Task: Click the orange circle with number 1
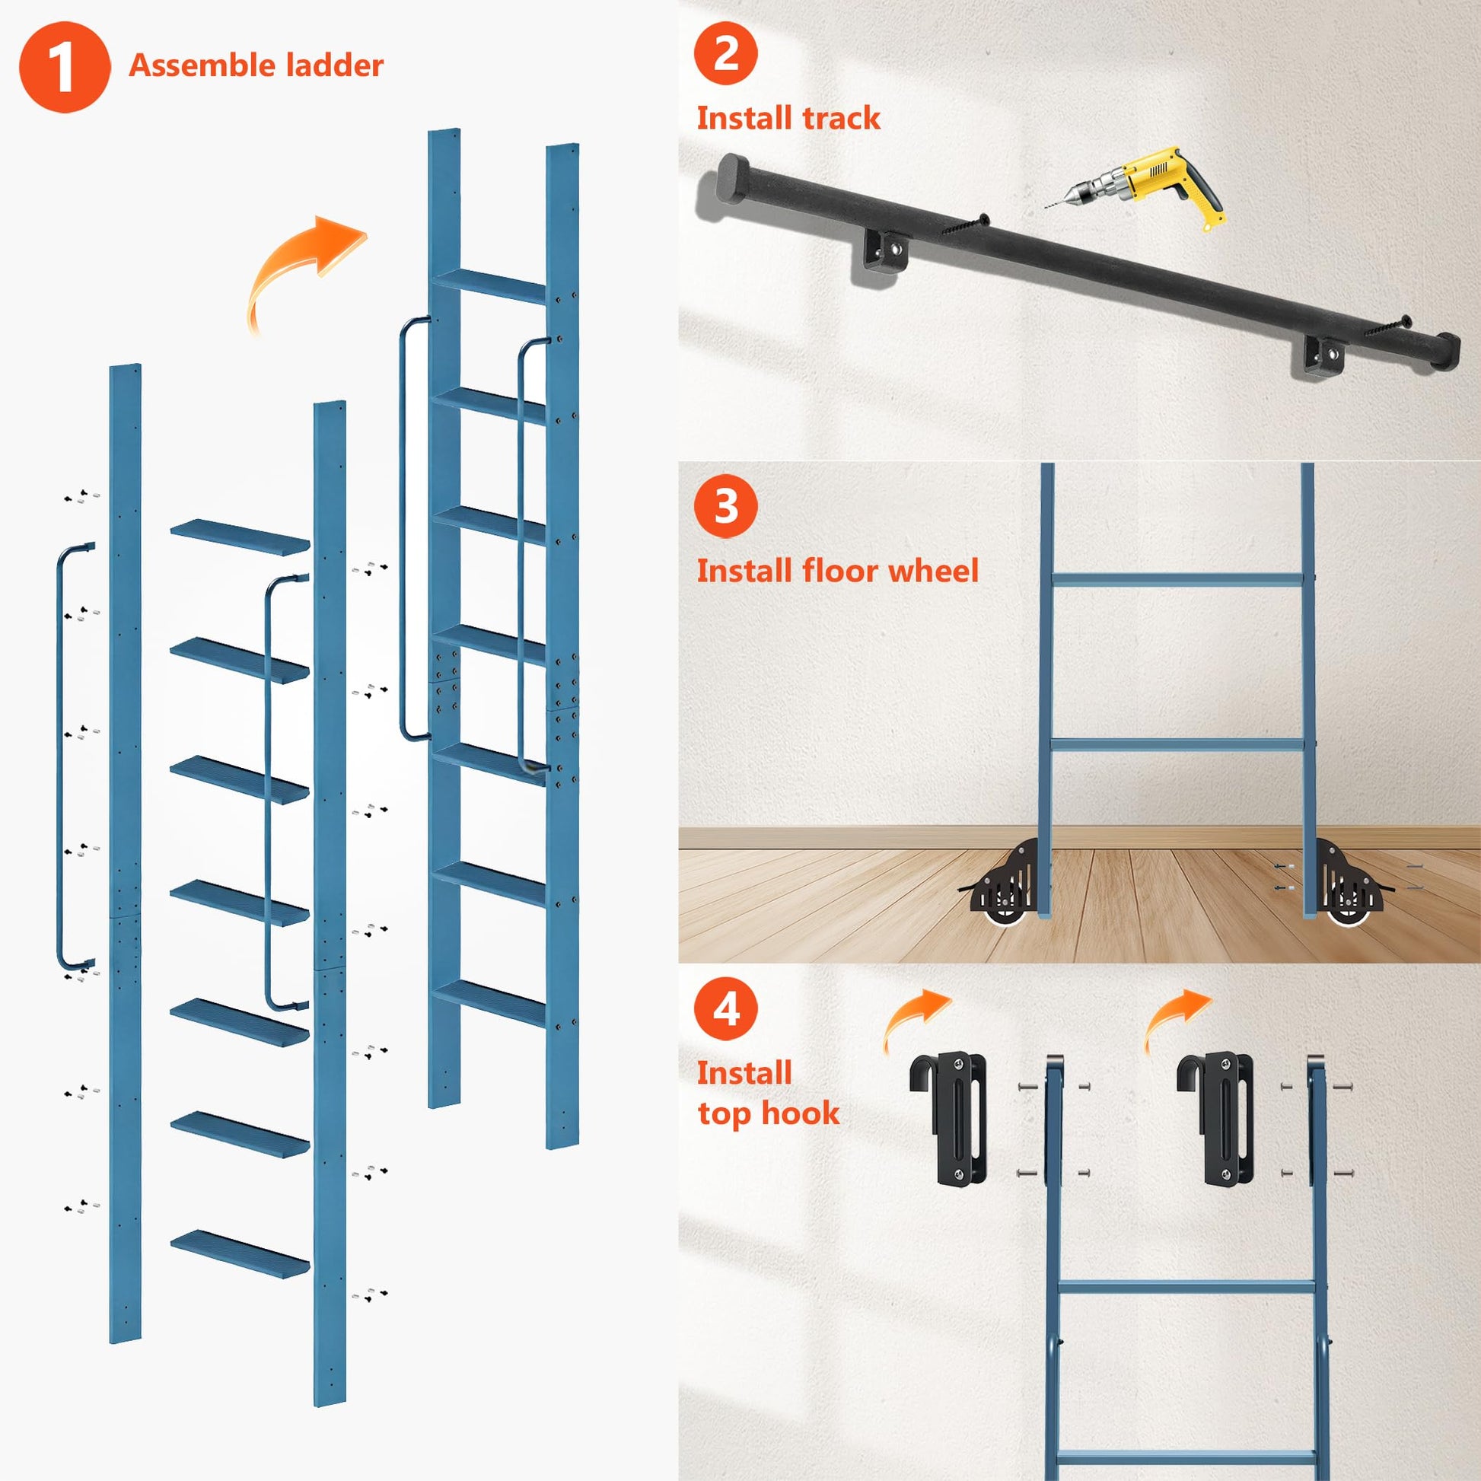click(65, 68)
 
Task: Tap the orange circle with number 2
click(725, 54)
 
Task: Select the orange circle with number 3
click(725, 507)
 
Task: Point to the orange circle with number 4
click(725, 1009)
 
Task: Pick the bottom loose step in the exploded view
click(240, 1253)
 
